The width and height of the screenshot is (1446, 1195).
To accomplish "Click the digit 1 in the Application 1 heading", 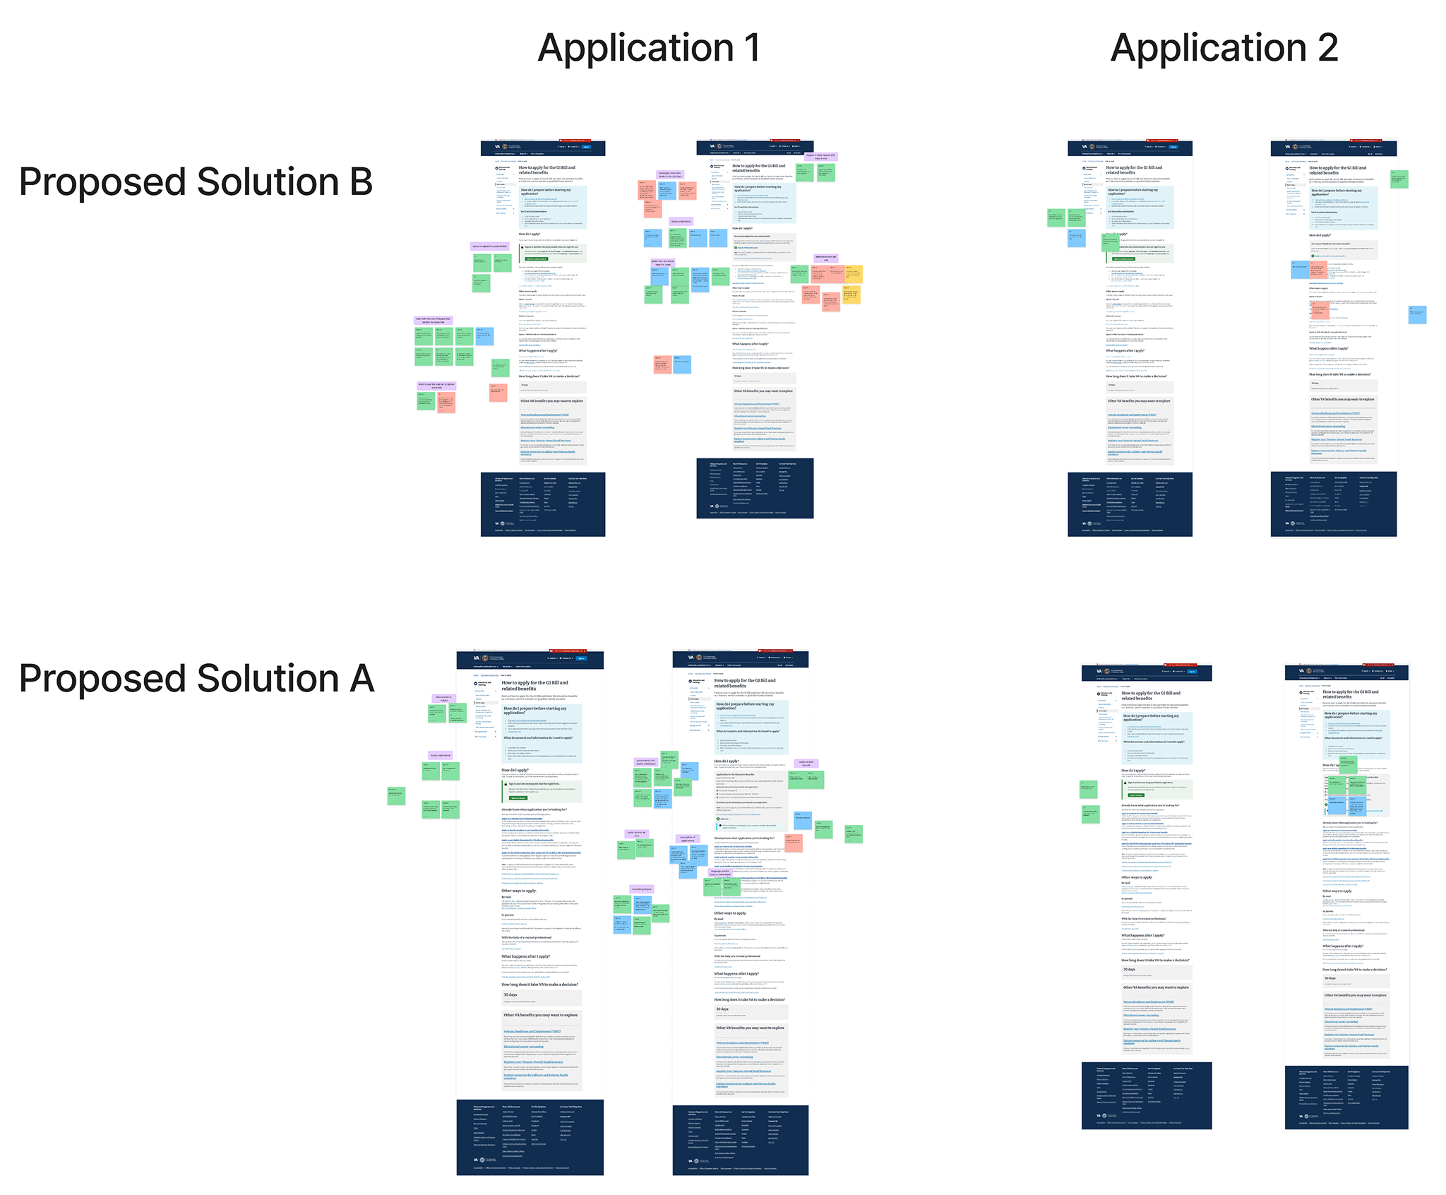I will [751, 48].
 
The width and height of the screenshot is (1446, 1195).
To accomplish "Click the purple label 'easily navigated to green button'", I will [489, 246].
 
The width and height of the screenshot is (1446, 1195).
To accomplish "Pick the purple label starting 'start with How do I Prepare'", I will [433, 320].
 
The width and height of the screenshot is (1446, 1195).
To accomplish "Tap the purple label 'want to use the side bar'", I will [436, 386].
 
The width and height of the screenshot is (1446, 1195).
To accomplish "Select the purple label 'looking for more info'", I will [670, 174].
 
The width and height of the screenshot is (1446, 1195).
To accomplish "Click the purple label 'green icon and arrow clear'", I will [662, 263].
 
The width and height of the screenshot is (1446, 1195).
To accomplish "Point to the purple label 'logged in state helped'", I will [820, 156].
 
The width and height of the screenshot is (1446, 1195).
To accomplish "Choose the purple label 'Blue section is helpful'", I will [443, 698].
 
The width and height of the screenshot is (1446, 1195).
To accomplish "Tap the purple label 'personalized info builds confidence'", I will [646, 762].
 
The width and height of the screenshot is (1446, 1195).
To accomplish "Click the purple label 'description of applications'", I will [687, 839].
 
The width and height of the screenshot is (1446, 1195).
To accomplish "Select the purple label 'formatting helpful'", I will [642, 889].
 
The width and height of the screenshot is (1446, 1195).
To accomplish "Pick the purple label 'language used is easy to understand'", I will [719, 873].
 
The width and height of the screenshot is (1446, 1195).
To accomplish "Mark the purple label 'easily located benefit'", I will [806, 763].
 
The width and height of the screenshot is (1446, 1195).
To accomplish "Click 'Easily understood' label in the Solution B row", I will [681, 221].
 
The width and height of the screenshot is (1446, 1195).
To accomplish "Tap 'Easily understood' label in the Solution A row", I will [440, 755].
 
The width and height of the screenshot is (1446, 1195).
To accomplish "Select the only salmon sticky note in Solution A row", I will [794, 843].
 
